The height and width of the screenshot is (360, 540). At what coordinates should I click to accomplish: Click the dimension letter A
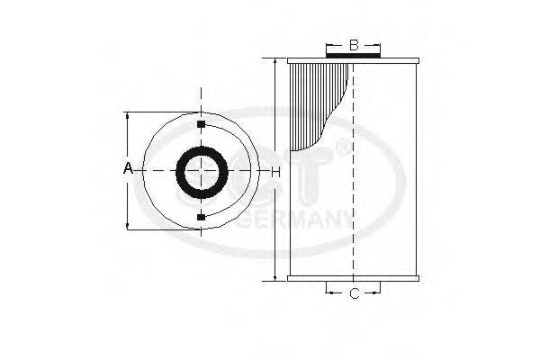tap(128, 168)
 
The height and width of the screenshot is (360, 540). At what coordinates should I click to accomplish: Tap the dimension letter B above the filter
tap(354, 44)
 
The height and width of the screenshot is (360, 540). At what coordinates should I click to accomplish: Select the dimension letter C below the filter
tap(354, 292)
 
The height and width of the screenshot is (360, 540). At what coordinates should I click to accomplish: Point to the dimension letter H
tap(276, 170)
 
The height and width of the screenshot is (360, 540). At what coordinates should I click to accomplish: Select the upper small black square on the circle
tap(200, 122)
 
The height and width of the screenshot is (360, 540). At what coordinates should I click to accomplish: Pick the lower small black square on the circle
tap(200, 217)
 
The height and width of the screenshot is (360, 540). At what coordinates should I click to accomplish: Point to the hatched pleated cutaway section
tap(310, 99)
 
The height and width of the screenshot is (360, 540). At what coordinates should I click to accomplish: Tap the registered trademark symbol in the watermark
tap(343, 148)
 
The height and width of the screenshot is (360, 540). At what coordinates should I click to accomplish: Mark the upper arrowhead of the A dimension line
tap(128, 116)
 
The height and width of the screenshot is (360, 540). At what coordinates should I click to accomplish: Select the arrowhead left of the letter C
tap(328, 292)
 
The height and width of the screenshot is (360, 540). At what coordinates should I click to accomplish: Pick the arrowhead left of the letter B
tap(329, 44)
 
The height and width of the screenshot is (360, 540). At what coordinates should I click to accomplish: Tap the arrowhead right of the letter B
tap(378, 44)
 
